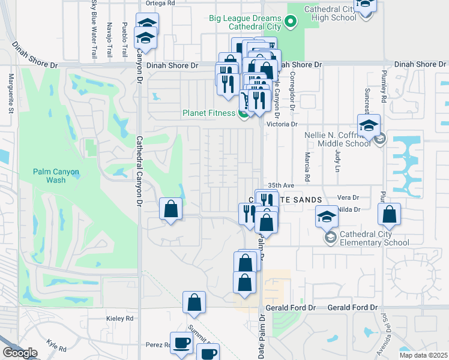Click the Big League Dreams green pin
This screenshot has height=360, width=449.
pos(291,23)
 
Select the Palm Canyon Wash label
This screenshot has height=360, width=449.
pos(56,176)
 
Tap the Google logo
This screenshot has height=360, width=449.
pos(20,353)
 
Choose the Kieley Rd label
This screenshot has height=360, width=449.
pos(121,318)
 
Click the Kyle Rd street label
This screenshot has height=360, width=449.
pos(56,347)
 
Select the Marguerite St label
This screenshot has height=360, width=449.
pos(11,93)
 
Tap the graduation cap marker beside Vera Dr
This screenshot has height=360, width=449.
pos(327,217)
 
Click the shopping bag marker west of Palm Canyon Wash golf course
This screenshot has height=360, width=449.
pos(171,210)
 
